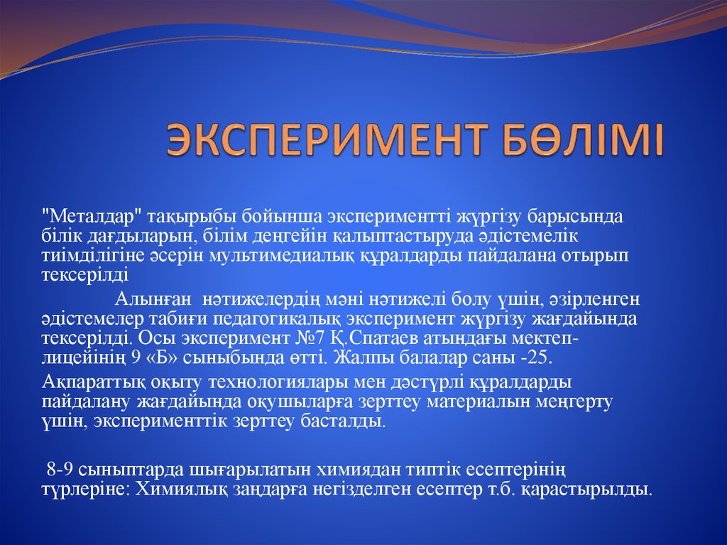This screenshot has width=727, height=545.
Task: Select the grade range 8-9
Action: [60, 470]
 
